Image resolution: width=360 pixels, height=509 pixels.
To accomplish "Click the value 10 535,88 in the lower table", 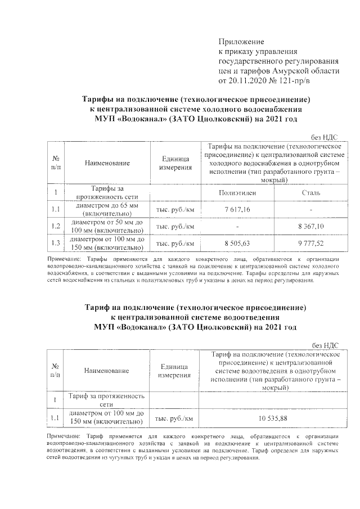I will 273,418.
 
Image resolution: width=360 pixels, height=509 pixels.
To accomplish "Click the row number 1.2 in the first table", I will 55,226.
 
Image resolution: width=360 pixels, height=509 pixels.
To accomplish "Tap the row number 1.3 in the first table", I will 55,243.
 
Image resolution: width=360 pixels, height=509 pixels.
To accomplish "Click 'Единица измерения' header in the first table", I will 174,163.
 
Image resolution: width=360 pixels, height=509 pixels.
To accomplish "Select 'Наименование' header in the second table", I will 107,371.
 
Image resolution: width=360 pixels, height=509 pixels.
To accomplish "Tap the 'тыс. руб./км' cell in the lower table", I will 174,418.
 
